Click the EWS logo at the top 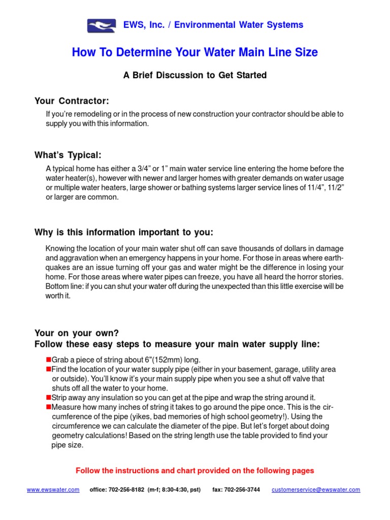click(101, 25)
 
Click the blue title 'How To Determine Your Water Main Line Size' click(194, 52)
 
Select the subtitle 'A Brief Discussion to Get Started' click(194, 75)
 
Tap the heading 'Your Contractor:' click(72, 101)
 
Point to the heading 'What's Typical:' click(71, 155)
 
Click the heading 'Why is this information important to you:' click(124, 232)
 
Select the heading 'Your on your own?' click(76, 333)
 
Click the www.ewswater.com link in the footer click(53, 490)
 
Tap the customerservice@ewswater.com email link click(316, 490)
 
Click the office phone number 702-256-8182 click(124, 490)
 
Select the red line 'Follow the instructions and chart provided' click(194, 471)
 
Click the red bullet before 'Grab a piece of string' click(49, 360)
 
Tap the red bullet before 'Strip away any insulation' click(49, 397)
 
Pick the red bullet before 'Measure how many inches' click(49, 407)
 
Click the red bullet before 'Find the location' click(49, 369)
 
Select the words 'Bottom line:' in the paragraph click(63, 286)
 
